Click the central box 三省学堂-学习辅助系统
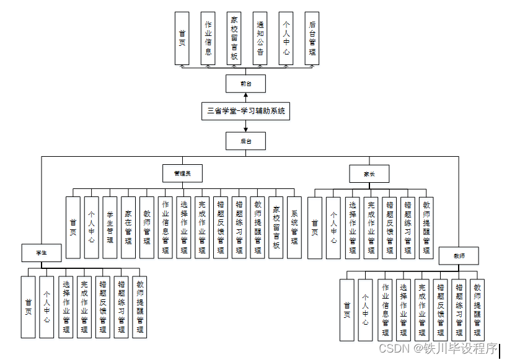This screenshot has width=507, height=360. click(246, 112)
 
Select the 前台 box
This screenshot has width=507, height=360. click(246, 84)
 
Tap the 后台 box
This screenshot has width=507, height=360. click(246, 141)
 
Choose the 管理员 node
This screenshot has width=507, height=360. click(183, 173)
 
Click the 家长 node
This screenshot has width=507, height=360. click(369, 173)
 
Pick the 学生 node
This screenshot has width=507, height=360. click(42, 253)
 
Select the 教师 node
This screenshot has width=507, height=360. click(459, 255)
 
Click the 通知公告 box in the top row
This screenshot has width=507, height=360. click(260, 38)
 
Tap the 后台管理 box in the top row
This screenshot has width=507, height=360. click(312, 38)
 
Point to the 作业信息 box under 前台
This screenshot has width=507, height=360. click(208, 38)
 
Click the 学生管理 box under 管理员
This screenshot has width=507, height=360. click(110, 227)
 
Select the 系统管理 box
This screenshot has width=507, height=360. click(294, 227)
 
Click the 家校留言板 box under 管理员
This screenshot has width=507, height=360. click(276, 227)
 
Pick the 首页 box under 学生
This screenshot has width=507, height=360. click(28, 307)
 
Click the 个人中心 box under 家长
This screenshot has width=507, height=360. click(333, 227)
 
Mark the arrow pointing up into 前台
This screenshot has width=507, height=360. click(246, 95)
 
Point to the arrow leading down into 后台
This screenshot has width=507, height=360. click(246, 128)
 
